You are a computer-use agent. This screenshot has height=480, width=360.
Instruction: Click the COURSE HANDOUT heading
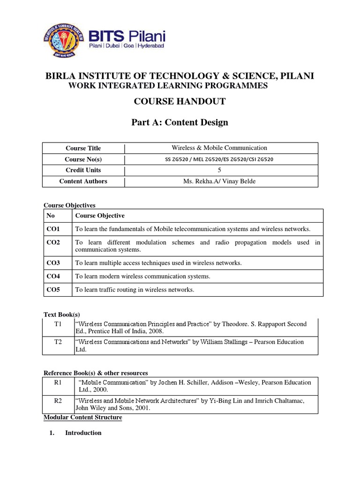tap(180, 101)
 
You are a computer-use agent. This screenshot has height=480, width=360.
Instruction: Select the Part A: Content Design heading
tap(180, 122)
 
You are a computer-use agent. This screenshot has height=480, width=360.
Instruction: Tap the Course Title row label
tap(83, 148)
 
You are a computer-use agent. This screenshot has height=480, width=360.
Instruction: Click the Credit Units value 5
tap(219, 170)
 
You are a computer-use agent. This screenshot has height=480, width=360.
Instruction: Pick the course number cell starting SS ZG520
tap(219, 159)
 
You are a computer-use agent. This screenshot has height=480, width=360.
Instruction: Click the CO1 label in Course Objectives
tap(53, 229)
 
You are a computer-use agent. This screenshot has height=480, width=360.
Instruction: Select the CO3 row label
tap(53, 263)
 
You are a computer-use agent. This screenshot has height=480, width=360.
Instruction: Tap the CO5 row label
tap(53, 290)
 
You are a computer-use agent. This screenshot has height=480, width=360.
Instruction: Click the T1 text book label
tap(58, 324)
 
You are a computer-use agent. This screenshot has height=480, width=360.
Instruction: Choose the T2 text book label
tap(58, 342)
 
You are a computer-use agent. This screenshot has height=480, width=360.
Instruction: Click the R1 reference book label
tap(58, 382)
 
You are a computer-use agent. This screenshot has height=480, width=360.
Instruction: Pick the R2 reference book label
tap(58, 401)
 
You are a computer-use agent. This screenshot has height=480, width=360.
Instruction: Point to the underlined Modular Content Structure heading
tap(82, 417)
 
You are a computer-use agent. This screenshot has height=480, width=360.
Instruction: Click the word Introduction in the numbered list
tap(83, 433)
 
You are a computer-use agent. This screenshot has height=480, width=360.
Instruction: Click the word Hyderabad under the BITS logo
tap(148, 47)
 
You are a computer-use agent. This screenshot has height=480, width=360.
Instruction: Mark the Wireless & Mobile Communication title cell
tap(219, 148)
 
